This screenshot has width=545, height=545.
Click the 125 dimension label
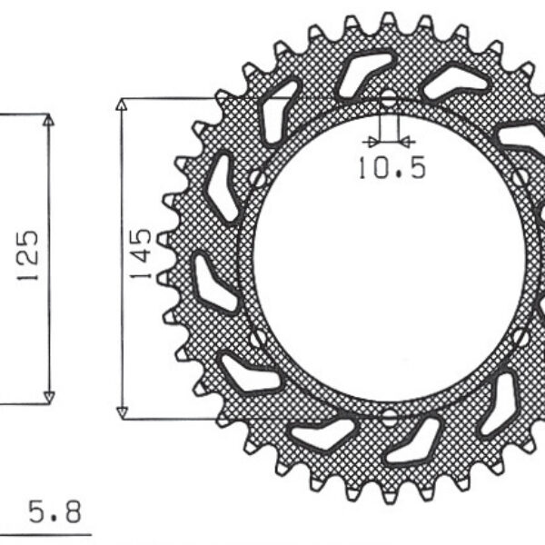pos(27,255)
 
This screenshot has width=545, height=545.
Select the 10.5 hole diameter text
pos(391,169)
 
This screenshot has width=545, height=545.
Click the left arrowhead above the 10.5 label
pos(369,142)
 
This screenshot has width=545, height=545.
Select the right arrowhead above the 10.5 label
pos(407,142)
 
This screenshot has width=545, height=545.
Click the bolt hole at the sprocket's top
pos(388,98)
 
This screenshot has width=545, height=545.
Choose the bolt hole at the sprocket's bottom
pos(388,417)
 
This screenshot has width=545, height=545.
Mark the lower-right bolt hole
pos(520,337)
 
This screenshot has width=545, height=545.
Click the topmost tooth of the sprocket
pos(388,20)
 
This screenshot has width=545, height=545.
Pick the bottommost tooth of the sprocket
pos(388,496)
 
